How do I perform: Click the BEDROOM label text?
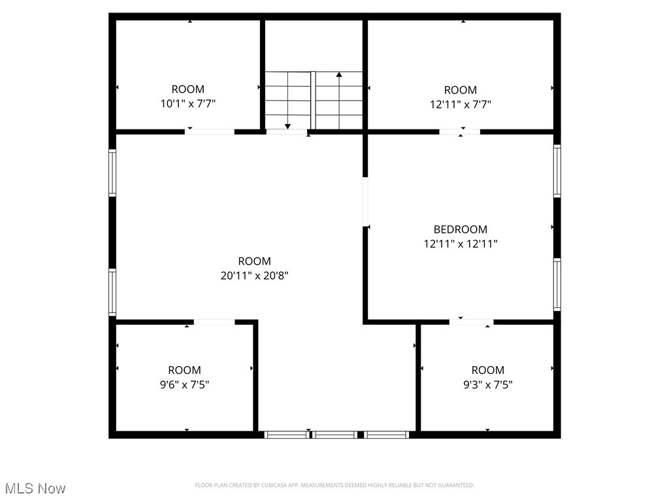[x=460, y=229]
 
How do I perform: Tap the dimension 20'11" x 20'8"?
[x=254, y=276]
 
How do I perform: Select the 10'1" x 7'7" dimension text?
[x=188, y=103]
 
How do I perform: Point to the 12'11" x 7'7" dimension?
[x=460, y=104]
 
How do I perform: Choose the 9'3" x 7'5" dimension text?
[x=487, y=384]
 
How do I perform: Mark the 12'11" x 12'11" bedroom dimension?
[x=460, y=244]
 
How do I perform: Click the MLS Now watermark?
[x=35, y=488]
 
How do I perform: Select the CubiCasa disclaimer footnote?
[x=334, y=485]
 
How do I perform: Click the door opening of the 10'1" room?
[x=209, y=132]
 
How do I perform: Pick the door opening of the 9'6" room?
[x=214, y=322]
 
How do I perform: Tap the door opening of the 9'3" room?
[x=471, y=322]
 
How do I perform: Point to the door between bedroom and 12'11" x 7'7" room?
[x=459, y=132]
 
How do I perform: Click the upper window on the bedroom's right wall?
[x=557, y=171]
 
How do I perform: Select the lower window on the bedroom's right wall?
[x=557, y=284]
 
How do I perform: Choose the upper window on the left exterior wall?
[x=112, y=173]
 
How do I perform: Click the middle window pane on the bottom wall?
[x=334, y=434]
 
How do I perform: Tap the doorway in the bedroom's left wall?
[x=365, y=202]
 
